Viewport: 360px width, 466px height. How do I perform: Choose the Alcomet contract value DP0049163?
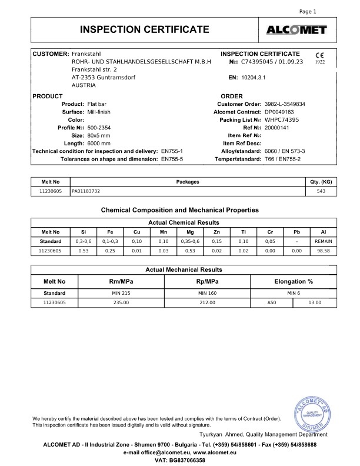(x=281, y=111)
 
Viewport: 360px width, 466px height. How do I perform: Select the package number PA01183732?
(x=86, y=191)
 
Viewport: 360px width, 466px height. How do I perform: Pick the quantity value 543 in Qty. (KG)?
(x=321, y=191)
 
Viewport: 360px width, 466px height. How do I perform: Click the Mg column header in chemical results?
(x=185, y=232)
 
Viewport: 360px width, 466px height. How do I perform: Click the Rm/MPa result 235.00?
(x=120, y=302)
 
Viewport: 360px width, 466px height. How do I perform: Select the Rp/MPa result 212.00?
(x=208, y=302)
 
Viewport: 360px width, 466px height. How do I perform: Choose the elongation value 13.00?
(x=315, y=302)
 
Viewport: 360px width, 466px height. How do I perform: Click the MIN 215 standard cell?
(x=120, y=292)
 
